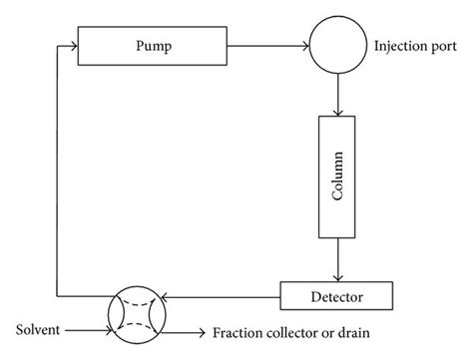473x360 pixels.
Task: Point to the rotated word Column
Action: (x=338, y=177)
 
